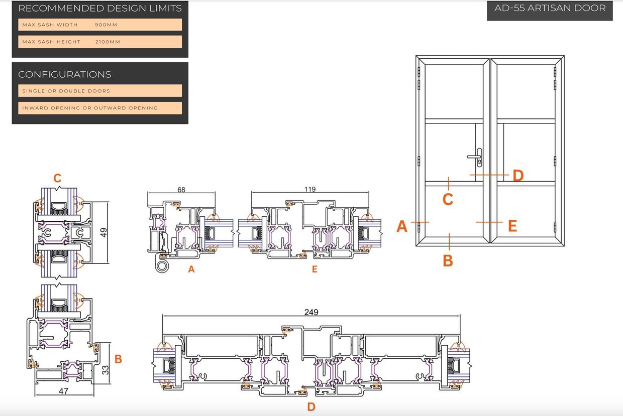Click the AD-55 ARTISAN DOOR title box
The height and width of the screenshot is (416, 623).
pyautogui.click(x=550, y=11)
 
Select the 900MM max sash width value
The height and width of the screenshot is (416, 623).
pyautogui.click(x=106, y=25)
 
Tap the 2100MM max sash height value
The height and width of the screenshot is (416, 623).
pyautogui.click(x=108, y=42)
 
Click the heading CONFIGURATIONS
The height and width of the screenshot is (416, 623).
pyautogui.click(x=64, y=74)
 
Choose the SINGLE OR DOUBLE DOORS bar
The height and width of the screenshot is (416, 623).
pyautogui.click(x=100, y=91)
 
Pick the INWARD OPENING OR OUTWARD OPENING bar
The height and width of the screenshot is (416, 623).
pyautogui.click(x=100, y=108)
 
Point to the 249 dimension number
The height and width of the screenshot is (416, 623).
pyautogui.click(x=311, y=312)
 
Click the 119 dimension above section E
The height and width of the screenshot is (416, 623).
pyautogui.click(x=310, y=189)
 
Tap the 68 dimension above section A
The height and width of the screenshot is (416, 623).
pyautogui.click(x=181, y=190)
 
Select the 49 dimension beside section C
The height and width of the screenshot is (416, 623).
pyautogui.click(x=103, y=232)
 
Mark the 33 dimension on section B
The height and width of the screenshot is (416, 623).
pyautogui.click(x=106, y=370)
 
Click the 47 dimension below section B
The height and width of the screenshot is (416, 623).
pyautogui.click(x=63, y=391)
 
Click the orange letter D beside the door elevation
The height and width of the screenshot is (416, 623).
pyautogui.click(x=518, y=176)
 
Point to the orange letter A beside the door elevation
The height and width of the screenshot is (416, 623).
pyautogui.click(x=402, y=226)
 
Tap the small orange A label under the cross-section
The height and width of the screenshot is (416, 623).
pyautogui.click(x=191, y=269)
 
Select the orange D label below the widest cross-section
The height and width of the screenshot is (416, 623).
pyautogui.click(x=311, y=407)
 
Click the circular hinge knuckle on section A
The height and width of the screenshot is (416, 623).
pyautogui.click(x=162, y=265)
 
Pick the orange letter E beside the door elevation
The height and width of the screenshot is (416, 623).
pyautogui.click(x=512, y=226)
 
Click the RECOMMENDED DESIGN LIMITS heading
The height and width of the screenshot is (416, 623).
pyautogui.click(x=100, y=9)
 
